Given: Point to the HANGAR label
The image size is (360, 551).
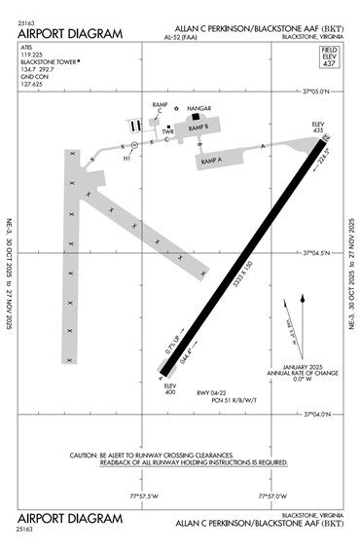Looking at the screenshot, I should (x=198, y=109).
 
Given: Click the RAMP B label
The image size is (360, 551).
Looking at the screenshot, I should (x=200, y=128).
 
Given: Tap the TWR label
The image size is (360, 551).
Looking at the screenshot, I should (x=168, y=132).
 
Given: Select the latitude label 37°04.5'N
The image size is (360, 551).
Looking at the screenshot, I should (x=316, y=254).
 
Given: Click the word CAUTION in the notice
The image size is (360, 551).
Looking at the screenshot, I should (x=88, y=455).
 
